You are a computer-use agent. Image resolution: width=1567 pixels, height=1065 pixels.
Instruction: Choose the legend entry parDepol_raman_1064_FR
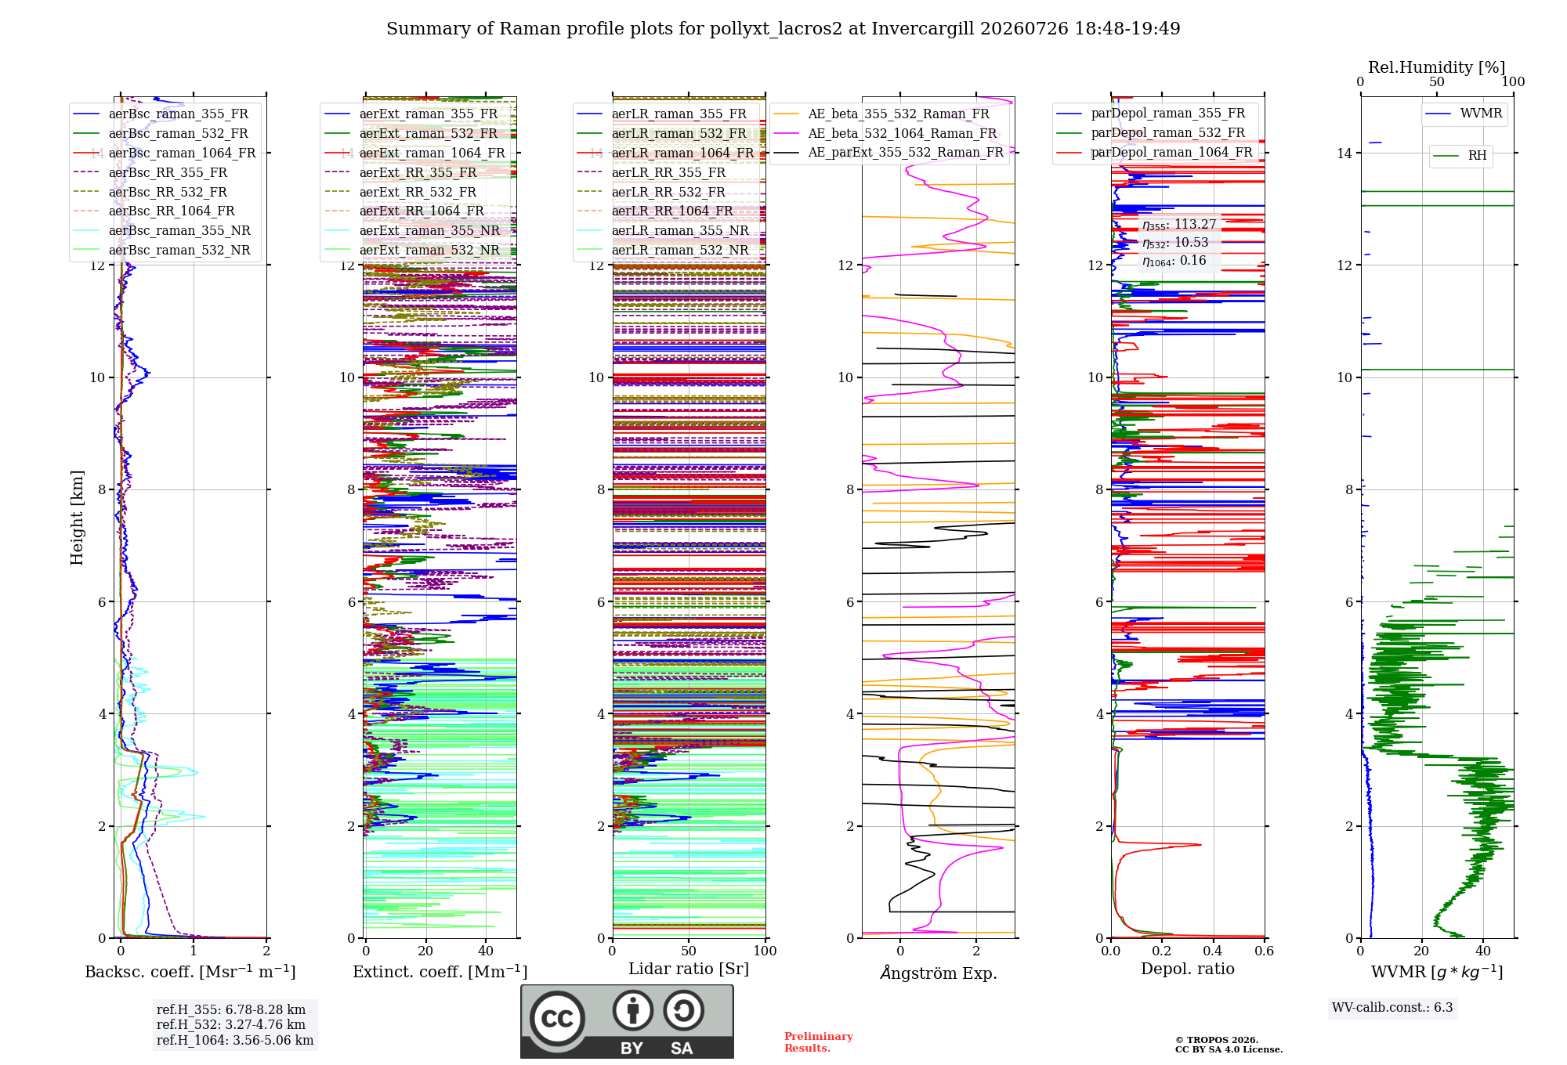click(x=1155, y=152)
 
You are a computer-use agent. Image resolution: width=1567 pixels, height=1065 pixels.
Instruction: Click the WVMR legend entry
click(x=1464, y=114)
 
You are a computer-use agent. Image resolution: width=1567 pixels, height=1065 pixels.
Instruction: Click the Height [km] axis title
click(x=77, y=518)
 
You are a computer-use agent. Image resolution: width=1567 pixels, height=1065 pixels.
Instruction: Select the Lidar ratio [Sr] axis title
click(x=689, y=969)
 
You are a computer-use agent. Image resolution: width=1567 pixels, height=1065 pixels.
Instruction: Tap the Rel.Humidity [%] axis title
click(x=1437, y=67)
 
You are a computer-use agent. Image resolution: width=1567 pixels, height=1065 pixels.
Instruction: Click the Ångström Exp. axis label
click(x=939, y=973)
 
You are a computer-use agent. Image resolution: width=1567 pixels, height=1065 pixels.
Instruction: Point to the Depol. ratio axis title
click(x=1188, y=969)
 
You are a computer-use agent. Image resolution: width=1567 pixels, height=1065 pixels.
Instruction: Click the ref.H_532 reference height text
click(x=231, y=1024)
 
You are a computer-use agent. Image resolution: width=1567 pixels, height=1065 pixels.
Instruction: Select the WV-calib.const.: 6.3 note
click(x=1392, y=1007)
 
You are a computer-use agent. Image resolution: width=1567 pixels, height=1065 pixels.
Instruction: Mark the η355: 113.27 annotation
click(x=1179, y=225)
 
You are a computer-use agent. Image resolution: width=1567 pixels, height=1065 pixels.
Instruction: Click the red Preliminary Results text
click(x=819, y=1042)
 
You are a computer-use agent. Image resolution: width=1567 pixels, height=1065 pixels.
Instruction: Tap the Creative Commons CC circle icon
click(x=557, y=1018)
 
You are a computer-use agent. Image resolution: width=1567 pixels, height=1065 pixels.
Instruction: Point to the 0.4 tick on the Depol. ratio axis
click(x=1213, y=951)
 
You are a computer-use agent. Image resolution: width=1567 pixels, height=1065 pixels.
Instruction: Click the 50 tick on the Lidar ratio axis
click(x=689, y=951)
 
